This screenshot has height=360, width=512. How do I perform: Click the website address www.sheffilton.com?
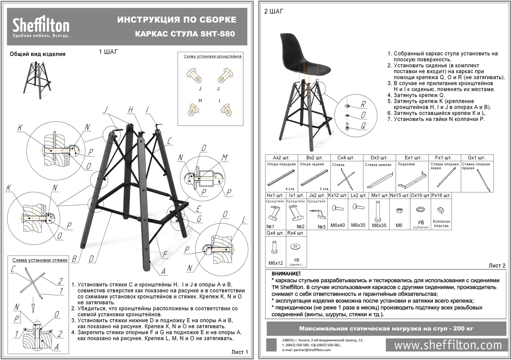click(x=448, y=345)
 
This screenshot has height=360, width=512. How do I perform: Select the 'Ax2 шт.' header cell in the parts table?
click(x=281, y=158)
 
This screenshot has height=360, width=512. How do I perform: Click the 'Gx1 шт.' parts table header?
click(x=476, y=158)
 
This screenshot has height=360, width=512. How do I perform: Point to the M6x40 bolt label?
click(x=338, y=225)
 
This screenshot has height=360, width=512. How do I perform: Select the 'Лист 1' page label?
click(x=239, y=352)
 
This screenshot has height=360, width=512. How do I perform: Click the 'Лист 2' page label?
click(x=497, y=265)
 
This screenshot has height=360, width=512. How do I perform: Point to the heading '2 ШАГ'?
click(x=274, y=12)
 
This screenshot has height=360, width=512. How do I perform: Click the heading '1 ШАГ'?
click(x=108, y=52)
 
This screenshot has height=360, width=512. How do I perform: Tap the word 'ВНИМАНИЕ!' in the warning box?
click(x=286, y=274)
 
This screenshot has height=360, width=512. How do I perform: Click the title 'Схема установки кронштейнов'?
click(x=212, y=56)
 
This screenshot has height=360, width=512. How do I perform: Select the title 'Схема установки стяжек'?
click(x=40, y=260)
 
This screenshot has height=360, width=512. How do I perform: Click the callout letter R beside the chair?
click(x=363, y=104)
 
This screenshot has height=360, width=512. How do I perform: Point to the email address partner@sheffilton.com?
click(x=306, y=350)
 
